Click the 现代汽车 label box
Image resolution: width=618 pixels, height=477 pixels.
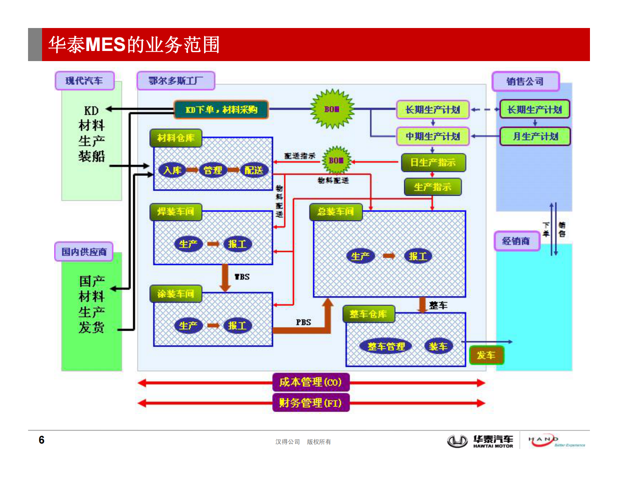tap(85, 81)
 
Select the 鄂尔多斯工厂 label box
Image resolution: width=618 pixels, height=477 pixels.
tap(176, 81)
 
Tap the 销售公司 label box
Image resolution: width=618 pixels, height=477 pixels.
tap(525, 82)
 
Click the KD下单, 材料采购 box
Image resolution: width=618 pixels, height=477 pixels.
tap(221, 110)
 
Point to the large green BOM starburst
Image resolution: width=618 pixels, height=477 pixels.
tap(332, 109)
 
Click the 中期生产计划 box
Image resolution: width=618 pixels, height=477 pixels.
tap(433, 137)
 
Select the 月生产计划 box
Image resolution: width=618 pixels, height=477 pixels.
tap(535, 137)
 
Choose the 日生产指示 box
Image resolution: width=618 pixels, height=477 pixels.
tap(433, 163)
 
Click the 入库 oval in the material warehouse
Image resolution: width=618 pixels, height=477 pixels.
tap(173, 170)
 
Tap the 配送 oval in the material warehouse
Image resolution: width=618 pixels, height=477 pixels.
tap(254, 170)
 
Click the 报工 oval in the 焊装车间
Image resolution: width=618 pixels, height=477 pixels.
tap(237, 244)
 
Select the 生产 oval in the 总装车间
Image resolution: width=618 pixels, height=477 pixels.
tap(360, 256)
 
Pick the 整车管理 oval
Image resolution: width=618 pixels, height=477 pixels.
tap(386, 346)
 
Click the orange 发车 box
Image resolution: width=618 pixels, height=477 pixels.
tap(486, 355)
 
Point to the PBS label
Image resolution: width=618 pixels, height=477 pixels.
tap(303, 322)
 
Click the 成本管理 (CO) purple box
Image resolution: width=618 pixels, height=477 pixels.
tap(311, 382)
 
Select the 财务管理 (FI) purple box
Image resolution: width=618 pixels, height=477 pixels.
tap(311, 403)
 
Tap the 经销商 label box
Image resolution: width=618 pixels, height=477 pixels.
tap(516, 241)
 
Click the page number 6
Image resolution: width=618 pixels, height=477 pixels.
tap(42, 440)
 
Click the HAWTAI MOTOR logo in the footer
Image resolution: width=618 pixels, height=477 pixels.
tap(481, 442)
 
